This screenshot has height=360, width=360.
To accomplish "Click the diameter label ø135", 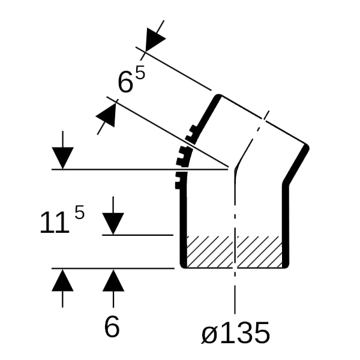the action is pos(235,332).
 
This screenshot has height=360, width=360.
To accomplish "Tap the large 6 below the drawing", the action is pos(112,326).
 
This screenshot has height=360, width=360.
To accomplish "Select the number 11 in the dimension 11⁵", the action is pos(55,223).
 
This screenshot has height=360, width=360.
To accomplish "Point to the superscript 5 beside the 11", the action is pos(80,212).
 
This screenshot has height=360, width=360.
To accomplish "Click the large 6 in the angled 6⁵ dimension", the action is pos(125,82).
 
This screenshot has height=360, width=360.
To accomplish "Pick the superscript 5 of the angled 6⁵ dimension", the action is pos(140,71).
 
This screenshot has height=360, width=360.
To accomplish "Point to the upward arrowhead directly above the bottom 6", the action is pos(113,280).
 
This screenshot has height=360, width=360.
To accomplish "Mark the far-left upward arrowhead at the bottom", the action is pos(62,280).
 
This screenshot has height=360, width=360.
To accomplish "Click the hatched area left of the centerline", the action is pos(210,251).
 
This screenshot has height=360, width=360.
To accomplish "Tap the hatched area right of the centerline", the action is pos(259,251).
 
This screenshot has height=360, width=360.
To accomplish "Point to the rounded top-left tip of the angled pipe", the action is pos(218,97).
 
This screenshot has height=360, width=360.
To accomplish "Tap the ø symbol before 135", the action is pos(209,335).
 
